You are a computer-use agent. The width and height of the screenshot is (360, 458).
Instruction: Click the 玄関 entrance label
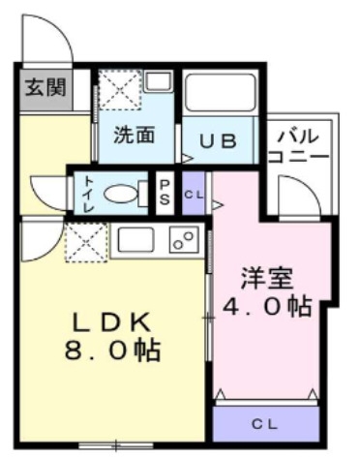45,87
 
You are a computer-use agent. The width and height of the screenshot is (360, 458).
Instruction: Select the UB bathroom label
218,141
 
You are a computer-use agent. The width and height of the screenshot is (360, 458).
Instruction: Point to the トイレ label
88,194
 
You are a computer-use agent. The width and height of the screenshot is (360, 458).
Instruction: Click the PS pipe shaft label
165,193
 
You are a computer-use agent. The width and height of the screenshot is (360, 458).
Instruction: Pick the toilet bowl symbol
126,194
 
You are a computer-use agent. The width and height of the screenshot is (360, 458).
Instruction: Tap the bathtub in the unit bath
220,93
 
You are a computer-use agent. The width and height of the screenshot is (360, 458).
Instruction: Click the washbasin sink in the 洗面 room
158,81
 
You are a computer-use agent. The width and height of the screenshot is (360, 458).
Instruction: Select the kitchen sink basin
135,240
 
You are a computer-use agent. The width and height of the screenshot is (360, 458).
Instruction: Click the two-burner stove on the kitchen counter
184,241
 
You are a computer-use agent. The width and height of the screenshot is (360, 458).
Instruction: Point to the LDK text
112,322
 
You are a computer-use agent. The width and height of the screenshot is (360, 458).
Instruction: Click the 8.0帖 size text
113,351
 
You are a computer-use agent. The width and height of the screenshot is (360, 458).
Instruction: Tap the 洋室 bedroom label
267,279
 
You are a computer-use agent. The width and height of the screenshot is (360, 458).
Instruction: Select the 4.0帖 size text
267,306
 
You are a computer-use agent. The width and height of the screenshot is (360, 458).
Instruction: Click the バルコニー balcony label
299,146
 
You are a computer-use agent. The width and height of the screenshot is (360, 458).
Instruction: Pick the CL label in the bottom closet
264,424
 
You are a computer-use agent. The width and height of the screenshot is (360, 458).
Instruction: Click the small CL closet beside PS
194,194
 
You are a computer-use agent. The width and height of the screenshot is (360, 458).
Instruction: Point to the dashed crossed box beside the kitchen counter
86,242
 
